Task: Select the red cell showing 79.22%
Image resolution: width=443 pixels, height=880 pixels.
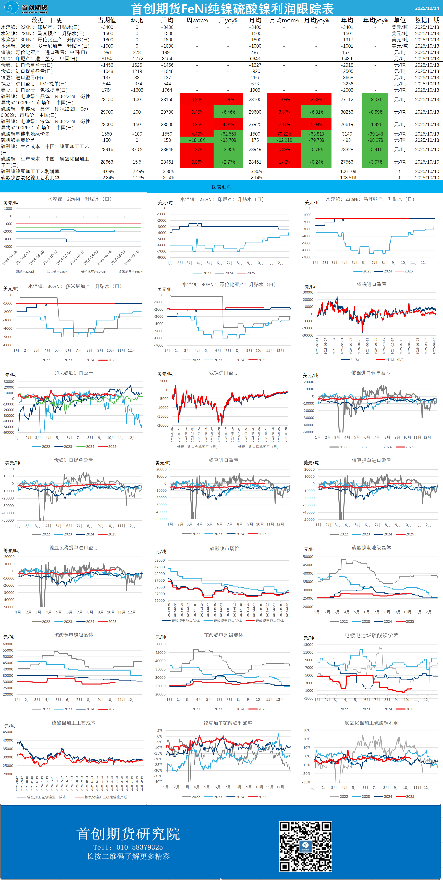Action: coord(284,134)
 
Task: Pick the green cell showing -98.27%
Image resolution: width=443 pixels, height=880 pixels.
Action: coord(375,140)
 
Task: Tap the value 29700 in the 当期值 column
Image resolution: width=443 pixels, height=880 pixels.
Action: coord(107,112)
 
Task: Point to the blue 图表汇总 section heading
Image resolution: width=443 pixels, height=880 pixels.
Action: coord(221,187)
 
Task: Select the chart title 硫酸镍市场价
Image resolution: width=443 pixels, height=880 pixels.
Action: coord(224,548)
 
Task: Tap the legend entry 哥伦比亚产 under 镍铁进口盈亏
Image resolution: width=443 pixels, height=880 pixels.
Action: coord(394,359)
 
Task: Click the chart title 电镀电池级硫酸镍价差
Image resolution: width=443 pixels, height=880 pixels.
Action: coord(371,635)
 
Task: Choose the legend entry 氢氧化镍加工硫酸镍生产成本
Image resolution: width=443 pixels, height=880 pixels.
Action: coord(107,797)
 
